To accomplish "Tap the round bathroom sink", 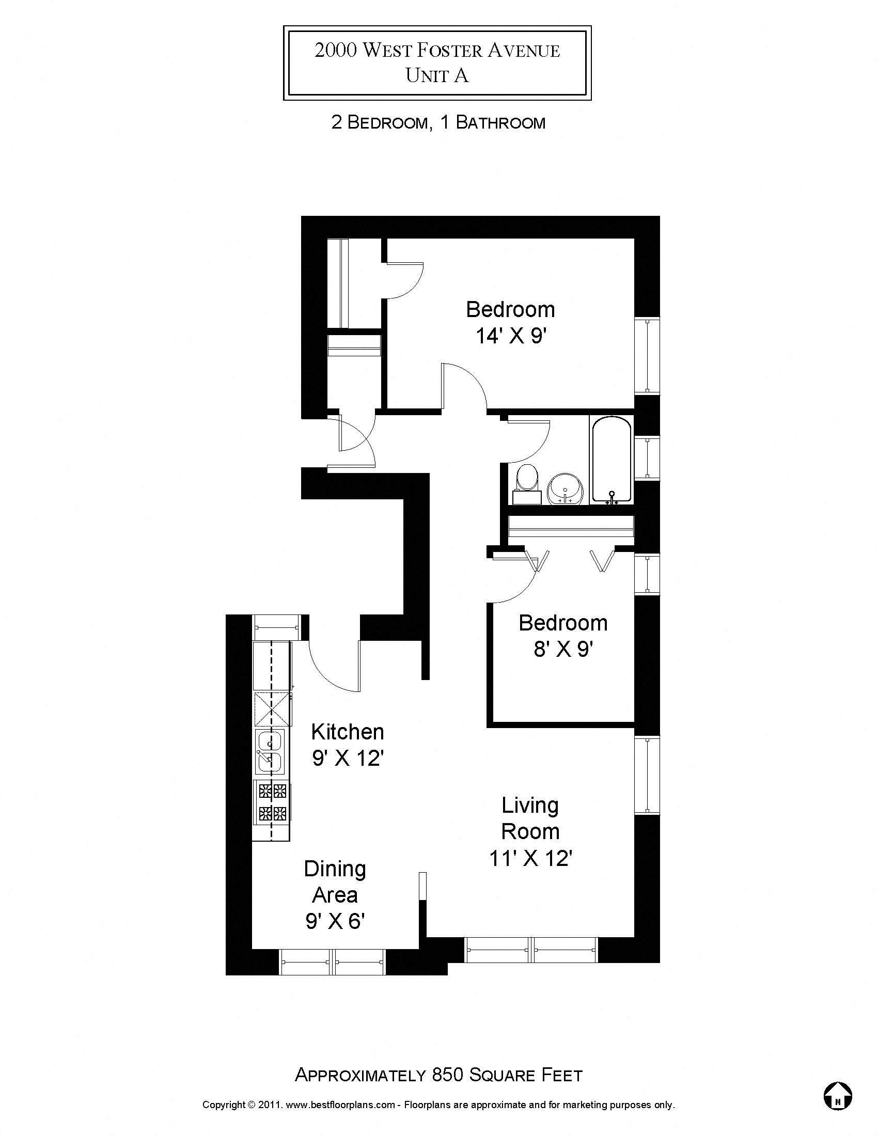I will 566,489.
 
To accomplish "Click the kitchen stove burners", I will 272,801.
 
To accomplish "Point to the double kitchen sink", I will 270,751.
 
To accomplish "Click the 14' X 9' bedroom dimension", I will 510,336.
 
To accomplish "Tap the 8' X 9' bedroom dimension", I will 563,649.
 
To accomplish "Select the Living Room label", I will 530,818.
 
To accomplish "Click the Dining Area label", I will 335,881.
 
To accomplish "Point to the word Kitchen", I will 348,732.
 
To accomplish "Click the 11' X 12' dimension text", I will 530,858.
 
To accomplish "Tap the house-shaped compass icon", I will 837,1095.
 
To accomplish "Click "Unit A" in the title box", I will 437,76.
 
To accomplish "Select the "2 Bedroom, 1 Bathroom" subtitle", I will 438,123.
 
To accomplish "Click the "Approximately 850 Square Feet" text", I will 438,1075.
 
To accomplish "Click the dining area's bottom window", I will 333,962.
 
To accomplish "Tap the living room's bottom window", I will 531,949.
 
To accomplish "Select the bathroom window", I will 647,457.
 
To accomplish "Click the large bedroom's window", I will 647,356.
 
